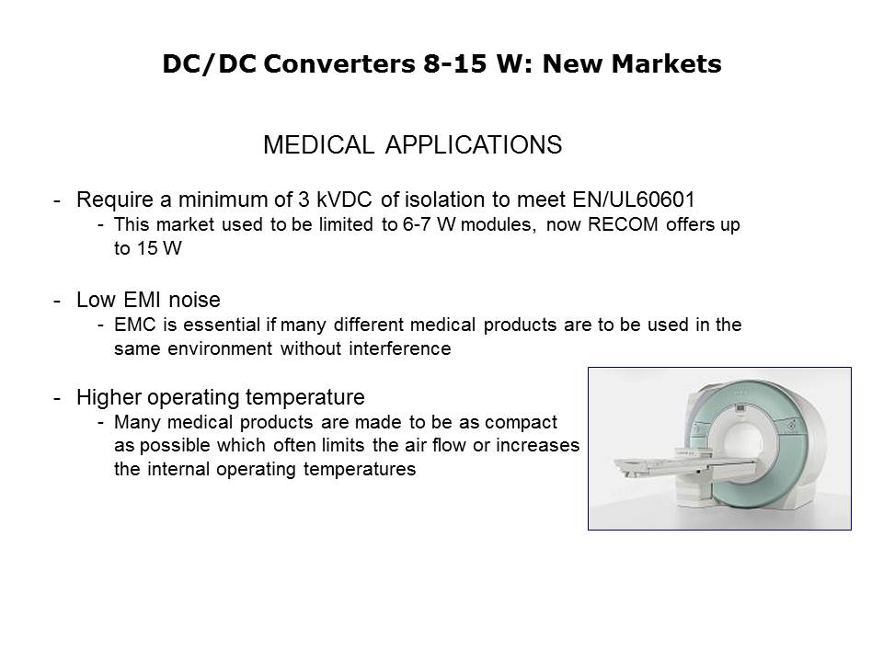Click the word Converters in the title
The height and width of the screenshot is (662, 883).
339,63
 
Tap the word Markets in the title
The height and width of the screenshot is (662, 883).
666,63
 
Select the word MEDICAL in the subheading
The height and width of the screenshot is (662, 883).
318,145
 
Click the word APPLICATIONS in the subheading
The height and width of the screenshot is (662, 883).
474,145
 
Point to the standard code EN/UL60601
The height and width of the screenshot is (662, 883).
634,200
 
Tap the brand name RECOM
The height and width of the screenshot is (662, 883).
623,224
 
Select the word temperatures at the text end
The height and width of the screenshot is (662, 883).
360,470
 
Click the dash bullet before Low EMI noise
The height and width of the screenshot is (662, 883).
57,302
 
